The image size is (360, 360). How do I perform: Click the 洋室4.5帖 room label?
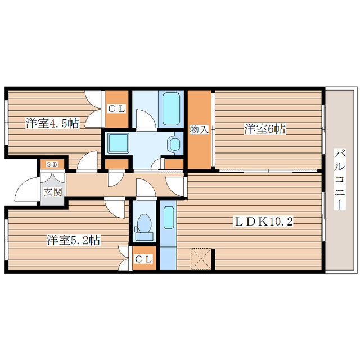[x=51, y=123]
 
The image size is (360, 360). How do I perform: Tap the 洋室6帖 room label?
[x=264, y=129]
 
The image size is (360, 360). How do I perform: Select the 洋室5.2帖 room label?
[x=73, y=241]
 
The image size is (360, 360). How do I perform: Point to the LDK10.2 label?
[x=263, y=221]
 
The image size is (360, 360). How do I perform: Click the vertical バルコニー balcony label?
[x=340, y=179]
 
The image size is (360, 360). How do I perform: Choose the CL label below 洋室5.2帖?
[x=144, y=259]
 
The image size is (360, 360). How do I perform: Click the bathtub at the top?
[x=171, y=109]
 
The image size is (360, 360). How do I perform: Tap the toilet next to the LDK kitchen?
[x=144, y=224]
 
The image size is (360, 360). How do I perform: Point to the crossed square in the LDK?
[x=201, y=259]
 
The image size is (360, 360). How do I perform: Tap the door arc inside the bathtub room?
[x=144, y=118]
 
